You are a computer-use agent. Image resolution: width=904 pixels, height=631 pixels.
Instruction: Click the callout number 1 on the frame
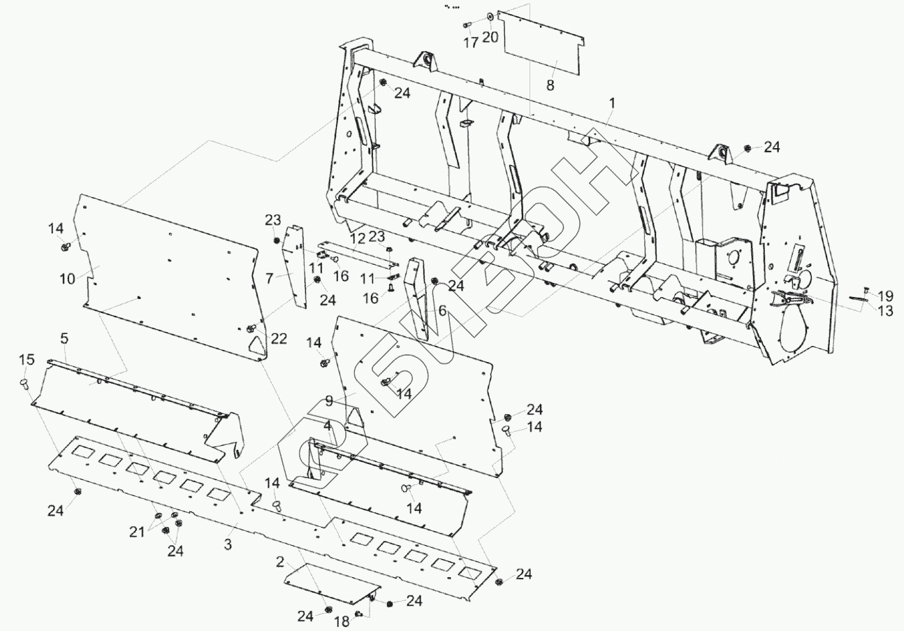(612, 103)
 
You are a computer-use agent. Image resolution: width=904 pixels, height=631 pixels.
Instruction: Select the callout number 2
(280, 562)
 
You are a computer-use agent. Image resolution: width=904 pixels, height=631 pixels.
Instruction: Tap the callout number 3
(228, 543)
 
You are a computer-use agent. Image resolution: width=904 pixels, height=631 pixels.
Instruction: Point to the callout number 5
(64, 338)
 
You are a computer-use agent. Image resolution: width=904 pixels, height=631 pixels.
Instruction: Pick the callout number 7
(269, 278)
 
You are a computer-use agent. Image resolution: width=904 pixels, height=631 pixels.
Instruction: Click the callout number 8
(551, 85)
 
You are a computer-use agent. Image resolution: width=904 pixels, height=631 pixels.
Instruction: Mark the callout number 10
(67, 278)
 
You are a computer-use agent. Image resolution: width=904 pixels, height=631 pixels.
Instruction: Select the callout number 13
(885, 311)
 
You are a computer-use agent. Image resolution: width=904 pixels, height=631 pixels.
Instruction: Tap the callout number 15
(27, 359)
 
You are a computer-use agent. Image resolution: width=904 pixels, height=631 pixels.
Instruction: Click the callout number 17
(471, 42)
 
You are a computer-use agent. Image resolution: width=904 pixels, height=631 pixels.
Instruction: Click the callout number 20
(490, 37)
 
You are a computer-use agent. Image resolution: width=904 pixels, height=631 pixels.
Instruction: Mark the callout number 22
(279, 338)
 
